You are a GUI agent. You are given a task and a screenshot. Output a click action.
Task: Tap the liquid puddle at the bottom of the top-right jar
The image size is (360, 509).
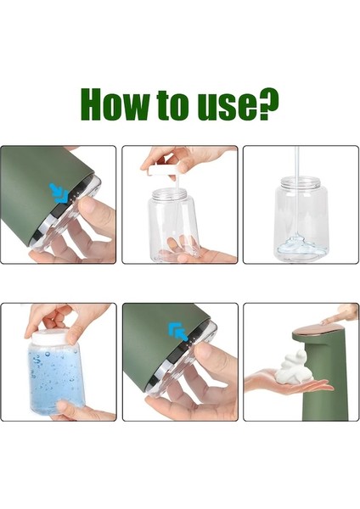tap(296, 244)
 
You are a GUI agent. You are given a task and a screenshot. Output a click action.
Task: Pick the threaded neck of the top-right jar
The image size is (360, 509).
tap(297, 188)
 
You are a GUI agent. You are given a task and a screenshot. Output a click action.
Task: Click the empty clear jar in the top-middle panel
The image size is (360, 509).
tap(174, 222)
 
